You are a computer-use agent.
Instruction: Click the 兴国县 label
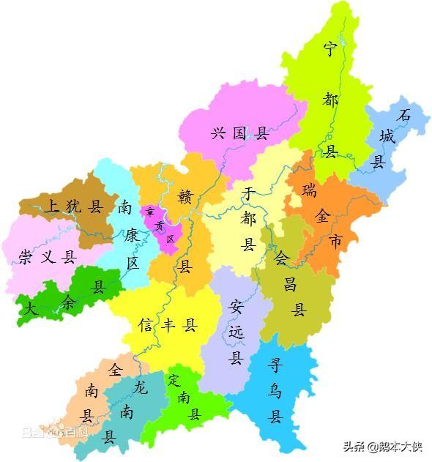pos(240,134)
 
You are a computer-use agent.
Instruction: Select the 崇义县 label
pos(48,257)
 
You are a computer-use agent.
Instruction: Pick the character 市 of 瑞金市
pos(335,241)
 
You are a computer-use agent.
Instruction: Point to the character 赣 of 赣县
pos(185,196)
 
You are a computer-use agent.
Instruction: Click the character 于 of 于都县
pos(249,194)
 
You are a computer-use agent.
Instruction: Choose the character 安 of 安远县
pos(236,305)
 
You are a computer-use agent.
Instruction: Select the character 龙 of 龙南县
pos(141,387)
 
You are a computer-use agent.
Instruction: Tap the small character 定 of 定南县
pos(174,381)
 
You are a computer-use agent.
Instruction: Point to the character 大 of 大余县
pos(30,309)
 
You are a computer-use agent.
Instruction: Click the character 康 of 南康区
pos(133,235)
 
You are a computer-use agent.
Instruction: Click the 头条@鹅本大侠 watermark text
pos(383,446)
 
